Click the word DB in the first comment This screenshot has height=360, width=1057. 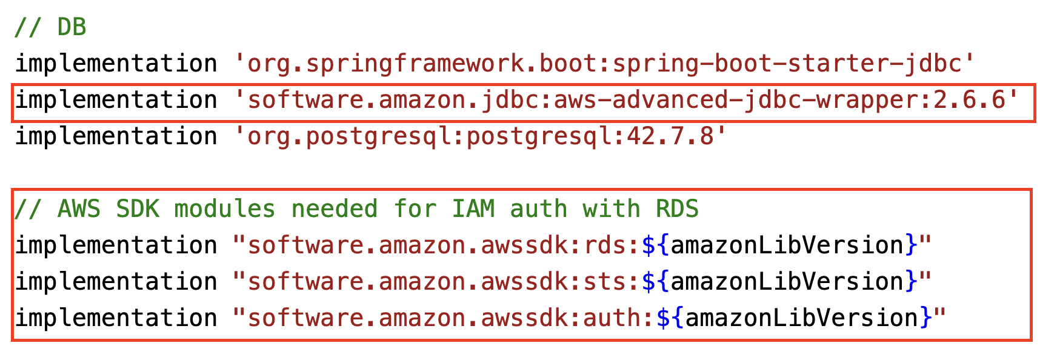(x=72, y=27)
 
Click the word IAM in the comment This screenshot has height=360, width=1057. (x=473, y=209)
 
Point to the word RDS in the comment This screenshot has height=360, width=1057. (x=677, y=209)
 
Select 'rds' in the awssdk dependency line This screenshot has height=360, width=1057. (x=604, y=245)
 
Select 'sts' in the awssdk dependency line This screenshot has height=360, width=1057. (x=604, y=282)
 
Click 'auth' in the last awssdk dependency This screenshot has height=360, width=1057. (x=612, y=318)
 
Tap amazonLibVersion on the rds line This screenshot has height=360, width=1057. (x=787, y=245)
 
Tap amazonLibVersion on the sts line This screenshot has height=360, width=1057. (x=787, y=282)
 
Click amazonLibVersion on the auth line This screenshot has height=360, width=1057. (x=801, y=318)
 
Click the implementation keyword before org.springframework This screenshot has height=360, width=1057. (x=116, y=64)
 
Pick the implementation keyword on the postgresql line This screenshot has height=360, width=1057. (x=116, y=136)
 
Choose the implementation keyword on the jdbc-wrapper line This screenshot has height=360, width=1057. (x=116, y=100)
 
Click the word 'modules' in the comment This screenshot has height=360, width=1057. (x=224, y=209)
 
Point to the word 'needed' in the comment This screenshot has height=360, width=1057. (x=334, y=209)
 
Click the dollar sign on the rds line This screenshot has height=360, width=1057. (x=648, y=245)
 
